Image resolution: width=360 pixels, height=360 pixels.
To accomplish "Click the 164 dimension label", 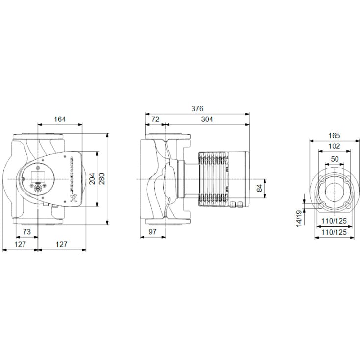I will (60, 119).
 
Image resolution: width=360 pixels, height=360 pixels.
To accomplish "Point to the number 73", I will (27, 231).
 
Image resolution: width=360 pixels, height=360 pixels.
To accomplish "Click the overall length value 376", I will (197, 108).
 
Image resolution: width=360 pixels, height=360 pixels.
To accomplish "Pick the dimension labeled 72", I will (154, 119).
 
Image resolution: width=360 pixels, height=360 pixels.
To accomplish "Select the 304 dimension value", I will (206, 119).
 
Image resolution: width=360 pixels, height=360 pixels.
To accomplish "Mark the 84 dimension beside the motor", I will (260, 187).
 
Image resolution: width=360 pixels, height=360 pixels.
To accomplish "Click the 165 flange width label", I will (333, 135).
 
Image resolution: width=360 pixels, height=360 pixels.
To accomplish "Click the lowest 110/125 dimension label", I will (333, 232).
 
